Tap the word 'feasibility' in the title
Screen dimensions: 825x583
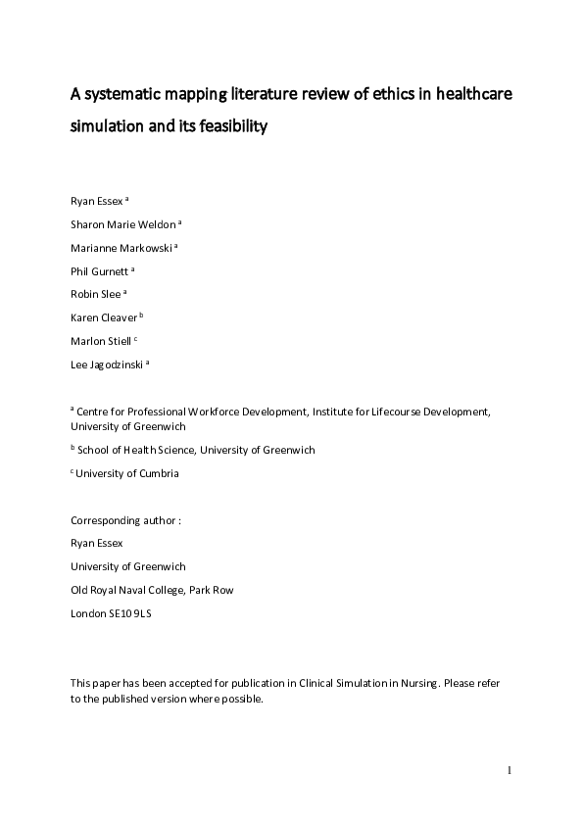click(x=226, y=125)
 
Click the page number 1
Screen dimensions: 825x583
click(x=510, y=770)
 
